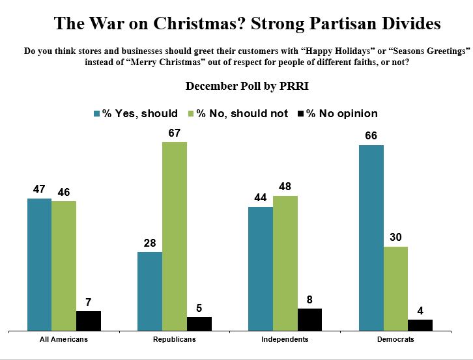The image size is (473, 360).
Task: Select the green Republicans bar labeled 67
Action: pyautogui.click(x=175, y=236)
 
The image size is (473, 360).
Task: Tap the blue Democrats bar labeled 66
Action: pyautogui.click(x=371, y=237)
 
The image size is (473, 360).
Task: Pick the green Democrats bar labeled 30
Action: pyautogui.click(x=395, y=288)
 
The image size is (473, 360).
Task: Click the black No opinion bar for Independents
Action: pyautogui.click(x=309, y=319)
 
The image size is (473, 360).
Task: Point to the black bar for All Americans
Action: pyautogui.click(x=89, y=320)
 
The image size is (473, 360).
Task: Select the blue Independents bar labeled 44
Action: pyautogui.click(x=260, y=268)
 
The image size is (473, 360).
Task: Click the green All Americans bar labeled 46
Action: pyautogui.click(x=64, y=265)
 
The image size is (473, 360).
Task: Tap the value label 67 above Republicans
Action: pyautogui.click(x=175, y=133)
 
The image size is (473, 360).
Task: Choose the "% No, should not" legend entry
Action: pyautogui.click(x=238, y=113)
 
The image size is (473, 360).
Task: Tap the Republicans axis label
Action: pyautogui.click(x=175, y=339)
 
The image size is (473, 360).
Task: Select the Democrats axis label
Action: pyautogui.click(x=395, y=339)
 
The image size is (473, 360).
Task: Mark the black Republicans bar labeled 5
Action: pyautogui.click(x=199, y=323)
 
